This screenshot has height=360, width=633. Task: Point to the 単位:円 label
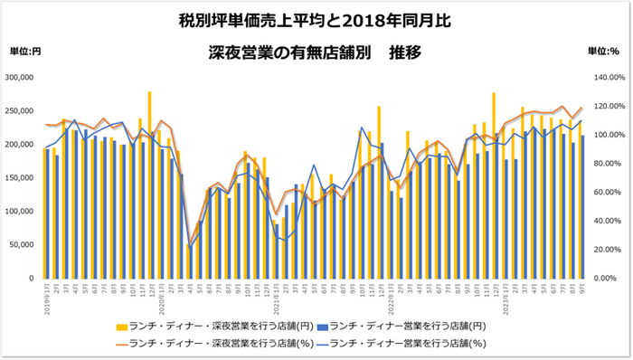coord(24,52)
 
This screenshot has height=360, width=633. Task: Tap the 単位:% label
coord(603,52)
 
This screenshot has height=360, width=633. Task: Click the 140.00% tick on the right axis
coord(605,78)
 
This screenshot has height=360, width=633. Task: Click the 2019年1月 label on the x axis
coord(45,294)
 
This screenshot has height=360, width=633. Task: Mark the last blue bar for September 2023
coord(581,207)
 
